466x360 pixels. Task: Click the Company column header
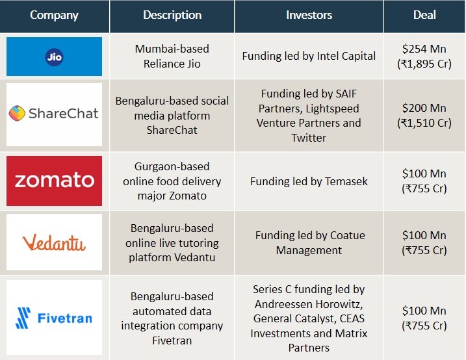(x=54, y=15)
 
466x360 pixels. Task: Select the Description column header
(x=172, y=15)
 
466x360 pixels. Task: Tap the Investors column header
(x=309, y=15)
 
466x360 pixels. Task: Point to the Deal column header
(x=424, y=15)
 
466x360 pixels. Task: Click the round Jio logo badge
(x=54, y=57)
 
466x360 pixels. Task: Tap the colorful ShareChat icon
(x=17, y=114)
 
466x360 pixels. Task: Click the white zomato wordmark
(x=55, y=180)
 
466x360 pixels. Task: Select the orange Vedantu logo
(x=54, y=242)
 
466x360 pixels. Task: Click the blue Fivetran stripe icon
(x=23, y=318)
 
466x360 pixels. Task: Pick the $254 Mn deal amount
(x=424, y=49)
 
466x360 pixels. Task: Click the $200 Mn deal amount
(x=424, y=108)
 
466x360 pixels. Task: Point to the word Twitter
(x=309, y=138)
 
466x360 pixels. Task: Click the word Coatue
(x=348, y=235)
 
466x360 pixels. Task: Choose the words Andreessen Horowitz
(x=309, y=304)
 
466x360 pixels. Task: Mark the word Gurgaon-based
(x=172, y=166)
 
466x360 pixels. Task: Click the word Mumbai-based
(x=172, y=49)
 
